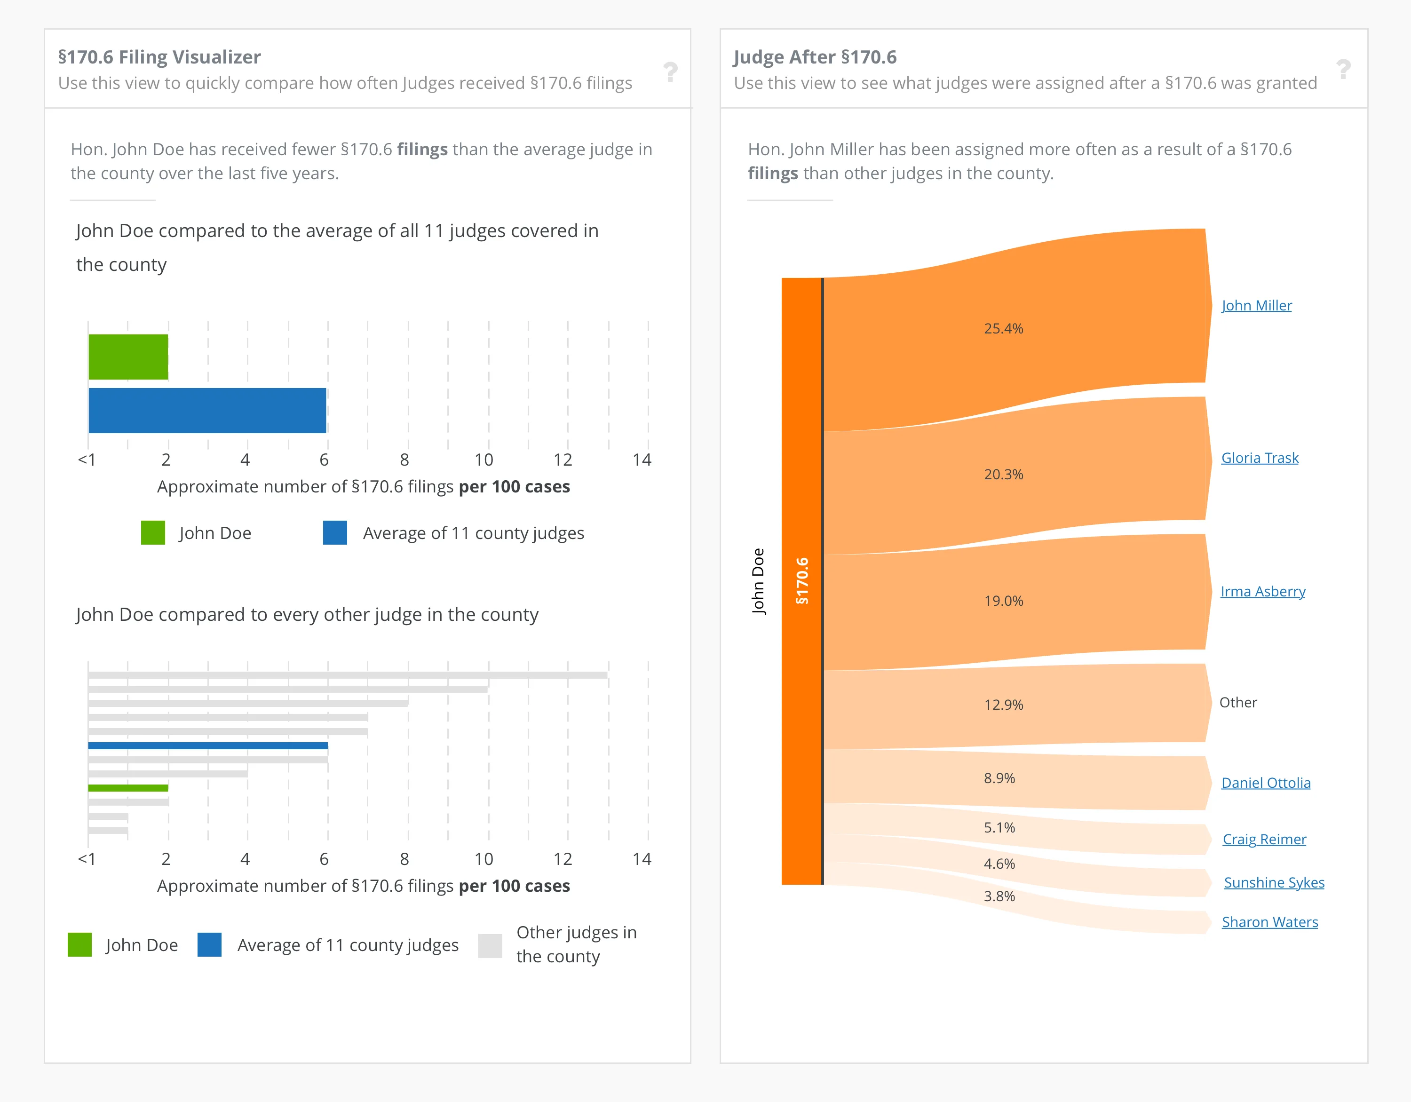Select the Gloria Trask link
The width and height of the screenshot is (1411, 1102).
point(1259,458)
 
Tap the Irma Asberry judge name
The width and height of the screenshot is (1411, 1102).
point(1262,592)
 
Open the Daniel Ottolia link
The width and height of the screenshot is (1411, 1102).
point(1266,783)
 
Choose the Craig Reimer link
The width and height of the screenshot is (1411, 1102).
point(1264,839)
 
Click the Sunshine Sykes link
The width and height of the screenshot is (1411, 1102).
point(1273,882)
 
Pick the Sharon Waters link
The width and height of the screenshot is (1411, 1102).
point(1269,922)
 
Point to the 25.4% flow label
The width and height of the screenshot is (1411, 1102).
point(1003,329)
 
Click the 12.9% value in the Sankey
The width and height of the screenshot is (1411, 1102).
point(1003,705)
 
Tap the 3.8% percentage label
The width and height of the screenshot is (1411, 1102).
point(999,896)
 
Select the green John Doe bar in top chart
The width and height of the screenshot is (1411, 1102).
point(128,357)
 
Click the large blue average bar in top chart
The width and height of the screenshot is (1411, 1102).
point(207,410)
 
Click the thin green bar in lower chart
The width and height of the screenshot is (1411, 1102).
point(128,787)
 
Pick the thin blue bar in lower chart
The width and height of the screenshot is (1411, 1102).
point(207,745)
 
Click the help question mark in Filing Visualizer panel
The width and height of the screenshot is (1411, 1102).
point(671,71)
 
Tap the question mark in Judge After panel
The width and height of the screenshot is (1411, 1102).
point(1343,69)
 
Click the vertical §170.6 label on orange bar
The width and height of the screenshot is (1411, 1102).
point(802,581)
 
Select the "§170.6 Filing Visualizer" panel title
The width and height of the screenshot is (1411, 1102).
point(159,57)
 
